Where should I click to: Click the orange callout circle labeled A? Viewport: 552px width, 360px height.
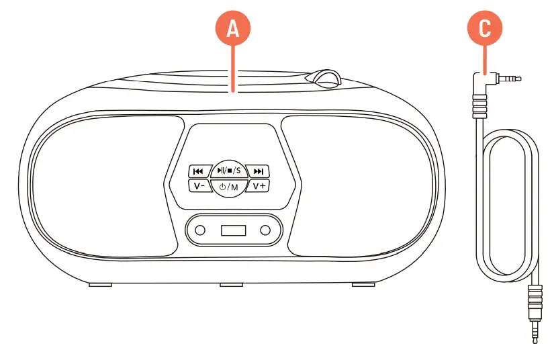click(232, 28)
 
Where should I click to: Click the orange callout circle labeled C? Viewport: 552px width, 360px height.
click(484, 28)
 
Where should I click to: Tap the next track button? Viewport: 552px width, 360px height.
click(261, 171)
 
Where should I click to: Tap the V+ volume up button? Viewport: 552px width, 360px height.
click(260, 185)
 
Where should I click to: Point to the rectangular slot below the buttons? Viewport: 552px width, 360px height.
click(232, 231)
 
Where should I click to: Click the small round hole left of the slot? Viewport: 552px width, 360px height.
click(199, 231)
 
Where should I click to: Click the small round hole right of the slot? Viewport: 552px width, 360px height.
click(266, 231)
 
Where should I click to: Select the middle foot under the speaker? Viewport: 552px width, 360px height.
click(231, 285)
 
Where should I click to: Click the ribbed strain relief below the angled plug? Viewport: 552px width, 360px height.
click(477, 106)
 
